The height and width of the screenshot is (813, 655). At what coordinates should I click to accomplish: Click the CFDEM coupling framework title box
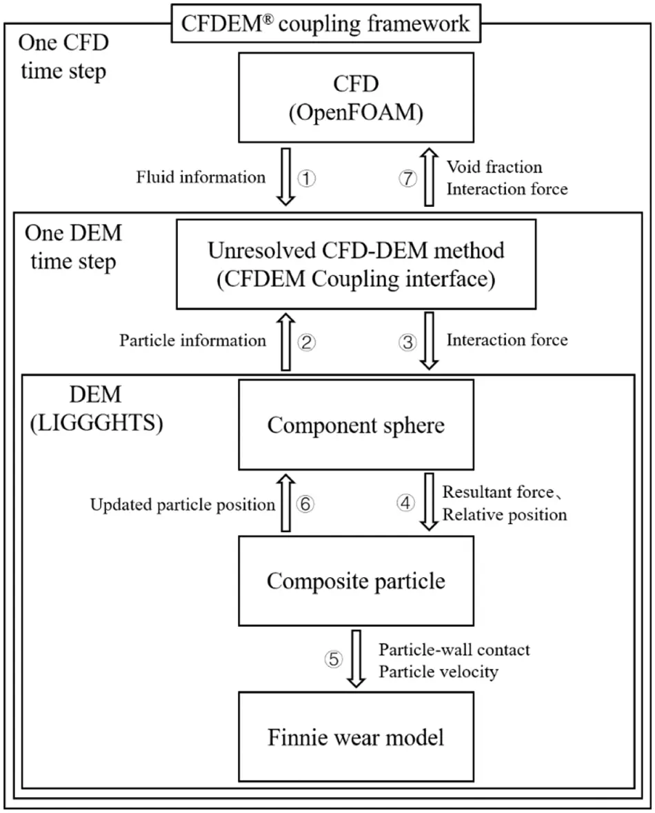point(325,23)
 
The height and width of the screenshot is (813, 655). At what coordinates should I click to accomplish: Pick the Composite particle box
point(356,581)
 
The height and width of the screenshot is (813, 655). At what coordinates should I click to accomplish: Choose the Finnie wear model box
point(356,737)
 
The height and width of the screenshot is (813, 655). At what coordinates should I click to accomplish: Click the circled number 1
point(307,178)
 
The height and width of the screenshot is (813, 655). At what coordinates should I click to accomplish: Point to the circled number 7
point(408,178)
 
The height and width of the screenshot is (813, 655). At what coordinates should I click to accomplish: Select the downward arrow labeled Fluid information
point(285,177)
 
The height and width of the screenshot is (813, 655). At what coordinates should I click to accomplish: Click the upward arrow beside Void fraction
point(428,177)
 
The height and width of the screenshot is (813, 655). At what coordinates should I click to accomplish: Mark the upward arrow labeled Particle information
point(285,341)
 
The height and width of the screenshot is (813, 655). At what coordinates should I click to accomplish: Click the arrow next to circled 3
point(428,341)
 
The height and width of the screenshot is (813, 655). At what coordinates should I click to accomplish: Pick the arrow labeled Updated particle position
point(285,504)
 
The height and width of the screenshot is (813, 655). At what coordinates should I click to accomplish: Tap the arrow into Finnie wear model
point(356,659)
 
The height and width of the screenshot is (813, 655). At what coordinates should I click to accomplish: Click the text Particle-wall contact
point(454,650)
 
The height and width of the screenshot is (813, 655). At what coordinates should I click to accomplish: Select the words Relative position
point(505,514)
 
